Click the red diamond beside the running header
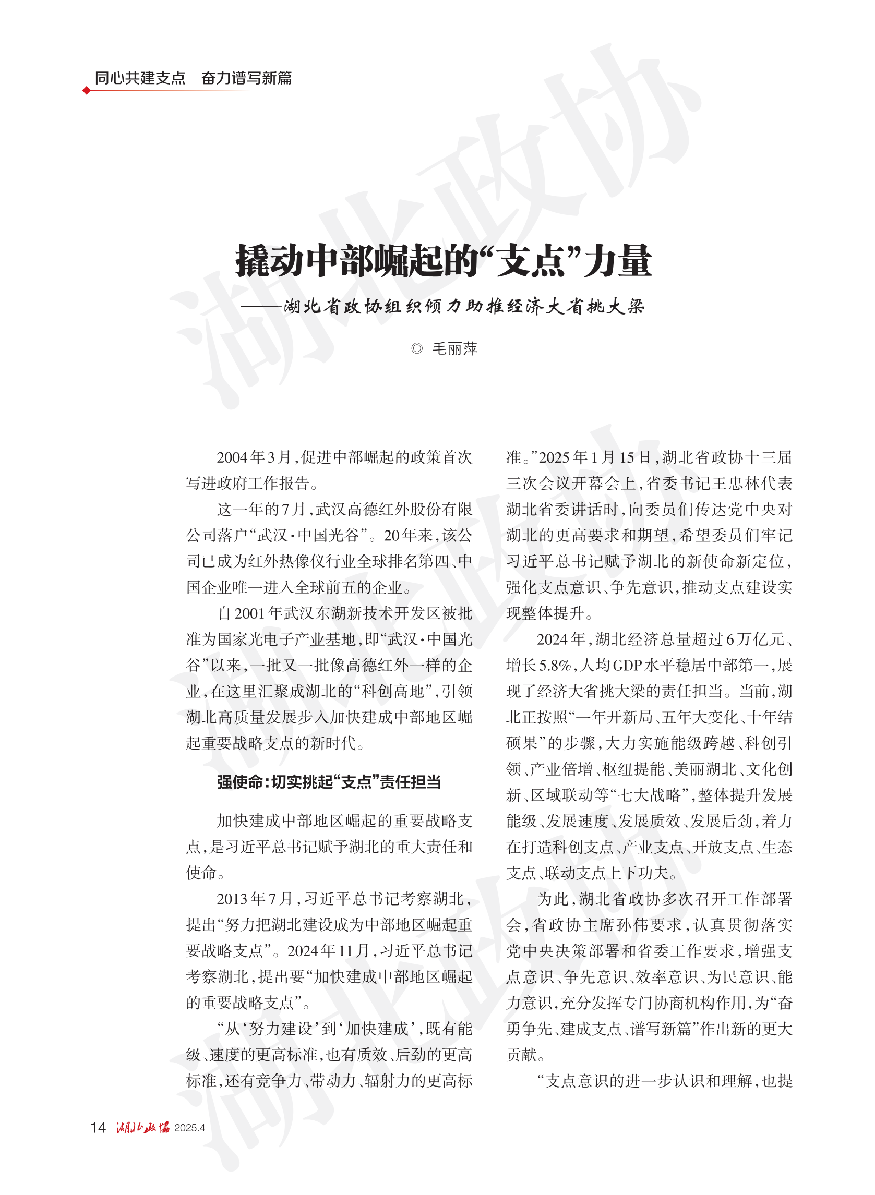[x=86, y=91]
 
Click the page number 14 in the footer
[x=98, y=1127]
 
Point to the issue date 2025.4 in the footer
[x=189, y=1128]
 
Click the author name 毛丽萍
[x=454, y=348]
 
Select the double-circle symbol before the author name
[x=417, y=348]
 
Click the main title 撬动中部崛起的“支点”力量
[x=444, y=261]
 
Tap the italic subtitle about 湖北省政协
[x=463, y=306]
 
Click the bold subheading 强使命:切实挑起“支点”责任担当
[x=328, y=781]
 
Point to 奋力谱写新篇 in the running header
[x=246, y=78]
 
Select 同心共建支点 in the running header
[x=140, y=78]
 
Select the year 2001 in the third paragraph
[x=249, y=613]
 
